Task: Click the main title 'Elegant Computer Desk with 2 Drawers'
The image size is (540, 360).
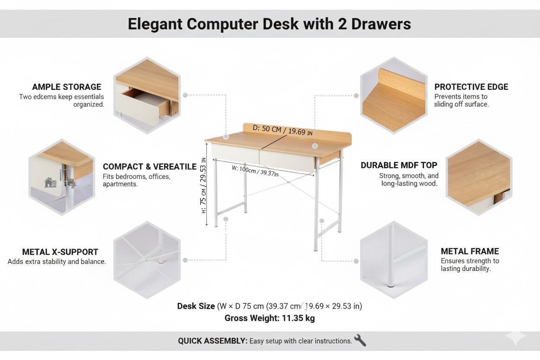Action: (x=269, y=24)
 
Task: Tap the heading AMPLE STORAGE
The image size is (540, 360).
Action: (x=67, y=87)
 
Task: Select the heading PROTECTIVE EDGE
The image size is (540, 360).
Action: (x=471, y=87)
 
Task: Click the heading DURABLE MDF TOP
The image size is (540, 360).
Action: (x=399, y=165)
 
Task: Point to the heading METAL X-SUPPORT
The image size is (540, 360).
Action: (x=60, y=252)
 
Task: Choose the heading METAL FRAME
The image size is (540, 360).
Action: (x=469, y=251)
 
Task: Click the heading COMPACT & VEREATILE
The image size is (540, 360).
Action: (x=149, y=167)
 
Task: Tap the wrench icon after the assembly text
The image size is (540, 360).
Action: (x=360, y=341)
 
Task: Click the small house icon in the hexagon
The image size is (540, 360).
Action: (x=51, y=183)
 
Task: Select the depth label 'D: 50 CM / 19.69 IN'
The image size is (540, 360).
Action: (x=282, y=130)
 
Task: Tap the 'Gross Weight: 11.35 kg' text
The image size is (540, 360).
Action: (x=270, y=318)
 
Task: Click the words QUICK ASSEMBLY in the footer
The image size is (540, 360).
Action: (x=212, y=341)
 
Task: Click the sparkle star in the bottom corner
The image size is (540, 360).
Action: (x=516, y=337)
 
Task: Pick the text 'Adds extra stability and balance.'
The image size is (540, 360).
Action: (x=57, y=262)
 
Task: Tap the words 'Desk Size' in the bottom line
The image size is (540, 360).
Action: (x=196, y=306)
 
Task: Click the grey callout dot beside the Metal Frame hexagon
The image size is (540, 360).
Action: (x=356, y=261)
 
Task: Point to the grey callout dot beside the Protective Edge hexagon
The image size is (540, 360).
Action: (x=356, y=96)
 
